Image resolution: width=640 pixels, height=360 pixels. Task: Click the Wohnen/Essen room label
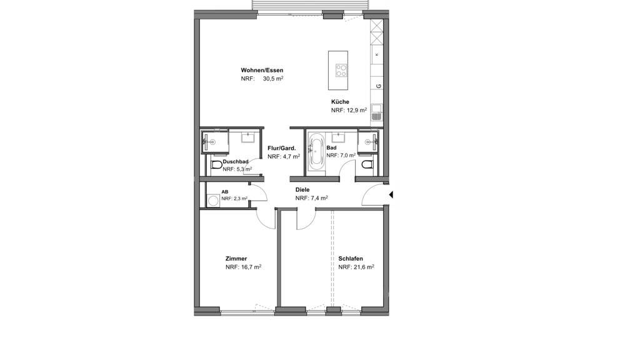(x=262, y=70)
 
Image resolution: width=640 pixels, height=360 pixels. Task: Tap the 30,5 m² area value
(x=273, y=79)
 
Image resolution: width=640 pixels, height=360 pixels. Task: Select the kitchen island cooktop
(x=342, y=71)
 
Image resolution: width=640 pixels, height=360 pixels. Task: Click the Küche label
(x=340, y=102)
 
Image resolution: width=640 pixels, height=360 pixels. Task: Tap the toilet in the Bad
(x=367, y=164)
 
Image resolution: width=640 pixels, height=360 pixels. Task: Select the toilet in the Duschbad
(x=217, y=165)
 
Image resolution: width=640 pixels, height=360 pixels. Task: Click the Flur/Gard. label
(x=282, y=148)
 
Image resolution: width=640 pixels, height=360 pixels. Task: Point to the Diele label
(x=302, y=190)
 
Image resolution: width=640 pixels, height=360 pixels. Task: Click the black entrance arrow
(x=391, y=195)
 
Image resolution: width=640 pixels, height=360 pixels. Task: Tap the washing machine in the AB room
(x=212, y=201)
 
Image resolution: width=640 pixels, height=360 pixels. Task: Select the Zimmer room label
(x=236, y=258)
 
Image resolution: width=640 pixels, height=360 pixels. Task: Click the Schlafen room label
(x=351, y=258)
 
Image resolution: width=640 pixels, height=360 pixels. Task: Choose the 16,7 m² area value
(x=251, y=267)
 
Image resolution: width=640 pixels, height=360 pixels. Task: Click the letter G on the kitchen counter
(x=378, y=86)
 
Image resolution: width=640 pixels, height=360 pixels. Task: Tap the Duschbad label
(x=236, y=162)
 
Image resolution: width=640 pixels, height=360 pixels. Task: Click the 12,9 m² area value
(x=356, y=110)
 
